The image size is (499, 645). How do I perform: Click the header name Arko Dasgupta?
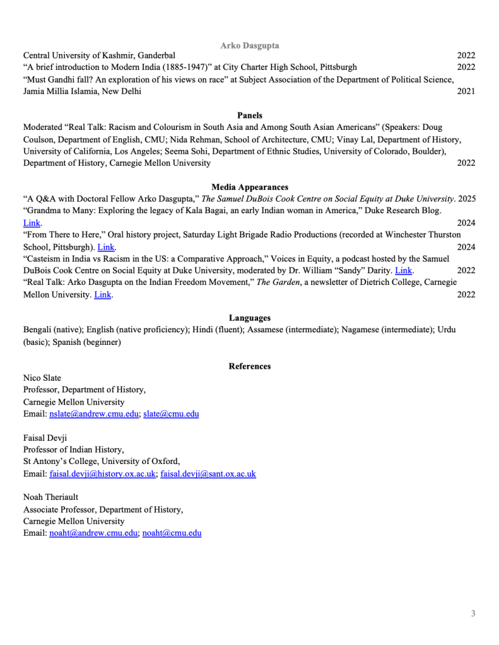(250, 45)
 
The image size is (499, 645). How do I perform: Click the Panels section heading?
(250, 115)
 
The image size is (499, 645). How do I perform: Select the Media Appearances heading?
(250, 187)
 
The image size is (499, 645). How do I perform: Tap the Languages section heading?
(250, 318)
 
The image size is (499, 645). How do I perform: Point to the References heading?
(250, 366)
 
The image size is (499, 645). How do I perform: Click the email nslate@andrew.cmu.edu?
(94, 414)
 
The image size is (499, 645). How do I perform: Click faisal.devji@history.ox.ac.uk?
(102, 474)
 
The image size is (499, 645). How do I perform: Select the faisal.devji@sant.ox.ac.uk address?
(208, 474)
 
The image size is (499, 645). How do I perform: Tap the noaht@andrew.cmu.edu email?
(93, 533)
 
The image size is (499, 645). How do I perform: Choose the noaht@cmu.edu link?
(172, 533)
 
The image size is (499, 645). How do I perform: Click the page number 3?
(473, 613)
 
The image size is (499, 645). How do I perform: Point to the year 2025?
(467, 199)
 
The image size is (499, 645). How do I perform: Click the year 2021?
(466, 91)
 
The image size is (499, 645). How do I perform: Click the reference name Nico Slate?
(42, 378)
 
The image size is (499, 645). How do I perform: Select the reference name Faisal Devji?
(45, 438)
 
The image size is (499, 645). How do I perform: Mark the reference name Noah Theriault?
(51, 497)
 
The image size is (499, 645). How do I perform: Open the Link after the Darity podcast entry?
(403, 271)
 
